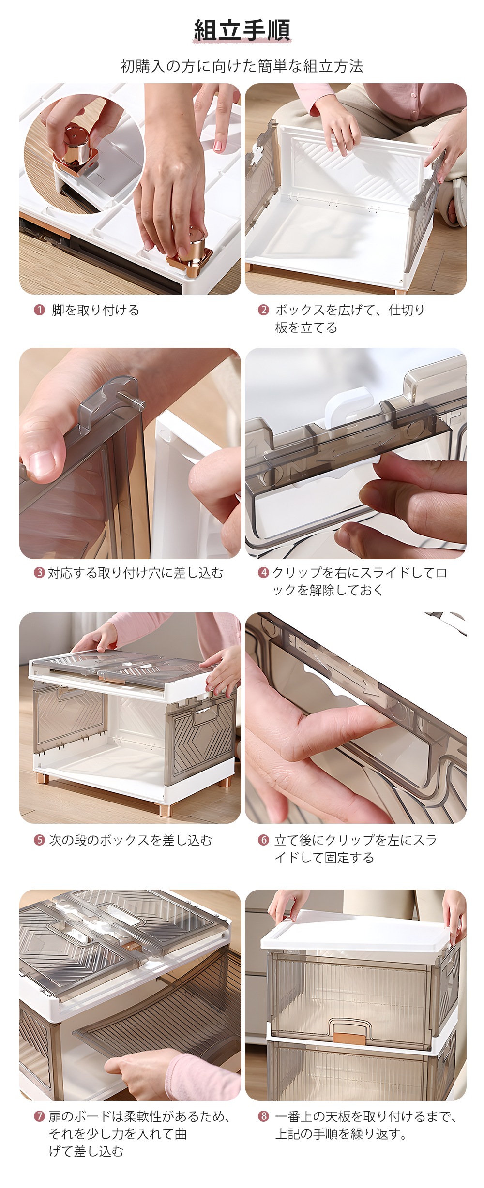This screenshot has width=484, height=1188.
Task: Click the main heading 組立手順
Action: tap(242, 30)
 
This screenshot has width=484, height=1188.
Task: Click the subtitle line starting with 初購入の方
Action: tap(242, 66)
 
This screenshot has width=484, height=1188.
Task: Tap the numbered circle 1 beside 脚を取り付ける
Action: tap(39, 310)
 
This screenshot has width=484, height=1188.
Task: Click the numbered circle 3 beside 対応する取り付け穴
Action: tap(39, 573)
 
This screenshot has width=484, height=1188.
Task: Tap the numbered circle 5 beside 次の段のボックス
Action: tap(39, 840)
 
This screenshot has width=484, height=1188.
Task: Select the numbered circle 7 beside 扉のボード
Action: tap(39, 1116)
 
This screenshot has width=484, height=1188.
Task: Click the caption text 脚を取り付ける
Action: tap(95, 310)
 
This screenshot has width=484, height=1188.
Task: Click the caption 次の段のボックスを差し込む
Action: tap(131, 840)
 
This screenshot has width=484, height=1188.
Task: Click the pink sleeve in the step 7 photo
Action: tap(203, 1076)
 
